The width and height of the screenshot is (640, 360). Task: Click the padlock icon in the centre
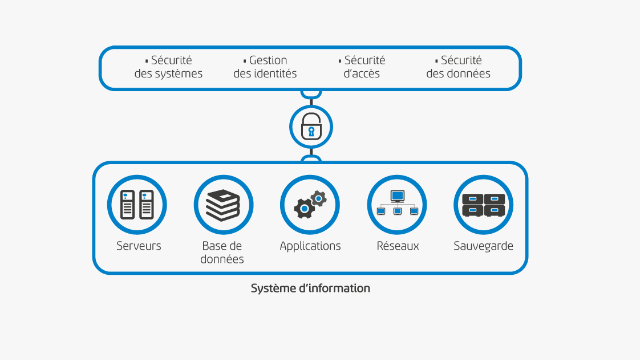click(311, 127)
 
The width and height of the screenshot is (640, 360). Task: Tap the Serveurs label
click(139, 246)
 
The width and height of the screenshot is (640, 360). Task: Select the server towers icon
click(137, 204)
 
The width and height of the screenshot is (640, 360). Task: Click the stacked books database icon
click(223, 205)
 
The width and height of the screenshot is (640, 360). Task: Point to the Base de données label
click(222, 252)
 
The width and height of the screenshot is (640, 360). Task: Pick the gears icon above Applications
click(310, 204)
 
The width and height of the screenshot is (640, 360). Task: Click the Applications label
click(310, 246)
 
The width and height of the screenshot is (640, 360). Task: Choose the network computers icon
click(397, 204)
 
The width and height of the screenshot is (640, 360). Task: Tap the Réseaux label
click(398, 246)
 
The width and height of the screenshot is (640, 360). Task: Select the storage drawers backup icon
click(483, 205)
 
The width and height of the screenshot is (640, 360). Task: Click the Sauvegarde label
click(483, 246)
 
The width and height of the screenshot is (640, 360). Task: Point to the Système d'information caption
click(310, 288)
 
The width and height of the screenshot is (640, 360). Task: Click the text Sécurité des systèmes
click(168, 67)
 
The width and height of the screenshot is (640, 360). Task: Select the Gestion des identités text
click(265, 67)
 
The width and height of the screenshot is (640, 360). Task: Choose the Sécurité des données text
click(458, 67)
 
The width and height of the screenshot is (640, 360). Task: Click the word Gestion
click(268, 60)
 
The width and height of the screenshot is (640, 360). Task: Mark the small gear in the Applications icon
click(318, 198)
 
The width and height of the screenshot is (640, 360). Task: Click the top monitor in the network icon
click(397, 195)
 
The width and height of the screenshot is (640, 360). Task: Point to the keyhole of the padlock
click(311, 132)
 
